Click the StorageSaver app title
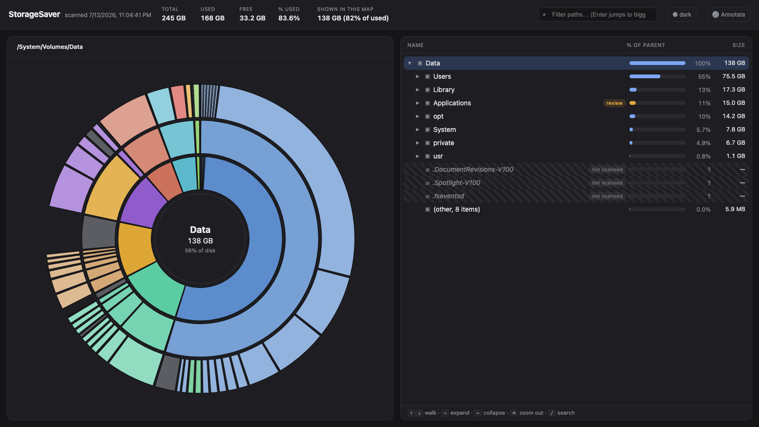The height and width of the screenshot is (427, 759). click(34, 15)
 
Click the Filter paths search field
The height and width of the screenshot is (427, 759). click(597, 15)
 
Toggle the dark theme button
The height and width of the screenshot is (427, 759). click(682, 15)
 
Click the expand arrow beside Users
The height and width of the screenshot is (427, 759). click(417, 76)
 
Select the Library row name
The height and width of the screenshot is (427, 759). click(444, 90)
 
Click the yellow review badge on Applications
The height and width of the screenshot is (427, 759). click(614, 103)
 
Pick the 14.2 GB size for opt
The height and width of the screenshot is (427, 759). click(733, 116)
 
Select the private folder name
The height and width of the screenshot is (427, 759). click(444, 143)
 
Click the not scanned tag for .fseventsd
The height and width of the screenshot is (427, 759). click(607, 196)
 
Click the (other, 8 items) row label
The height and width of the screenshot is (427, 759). click(456, 209)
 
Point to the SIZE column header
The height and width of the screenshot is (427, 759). click(738, 45)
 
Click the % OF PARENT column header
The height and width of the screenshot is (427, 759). click(646, 45)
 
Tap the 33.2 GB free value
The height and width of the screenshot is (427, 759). click(252, 18)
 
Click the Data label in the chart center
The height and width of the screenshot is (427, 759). click(200, 230)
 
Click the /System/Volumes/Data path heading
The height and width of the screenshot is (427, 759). click(50, 47)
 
